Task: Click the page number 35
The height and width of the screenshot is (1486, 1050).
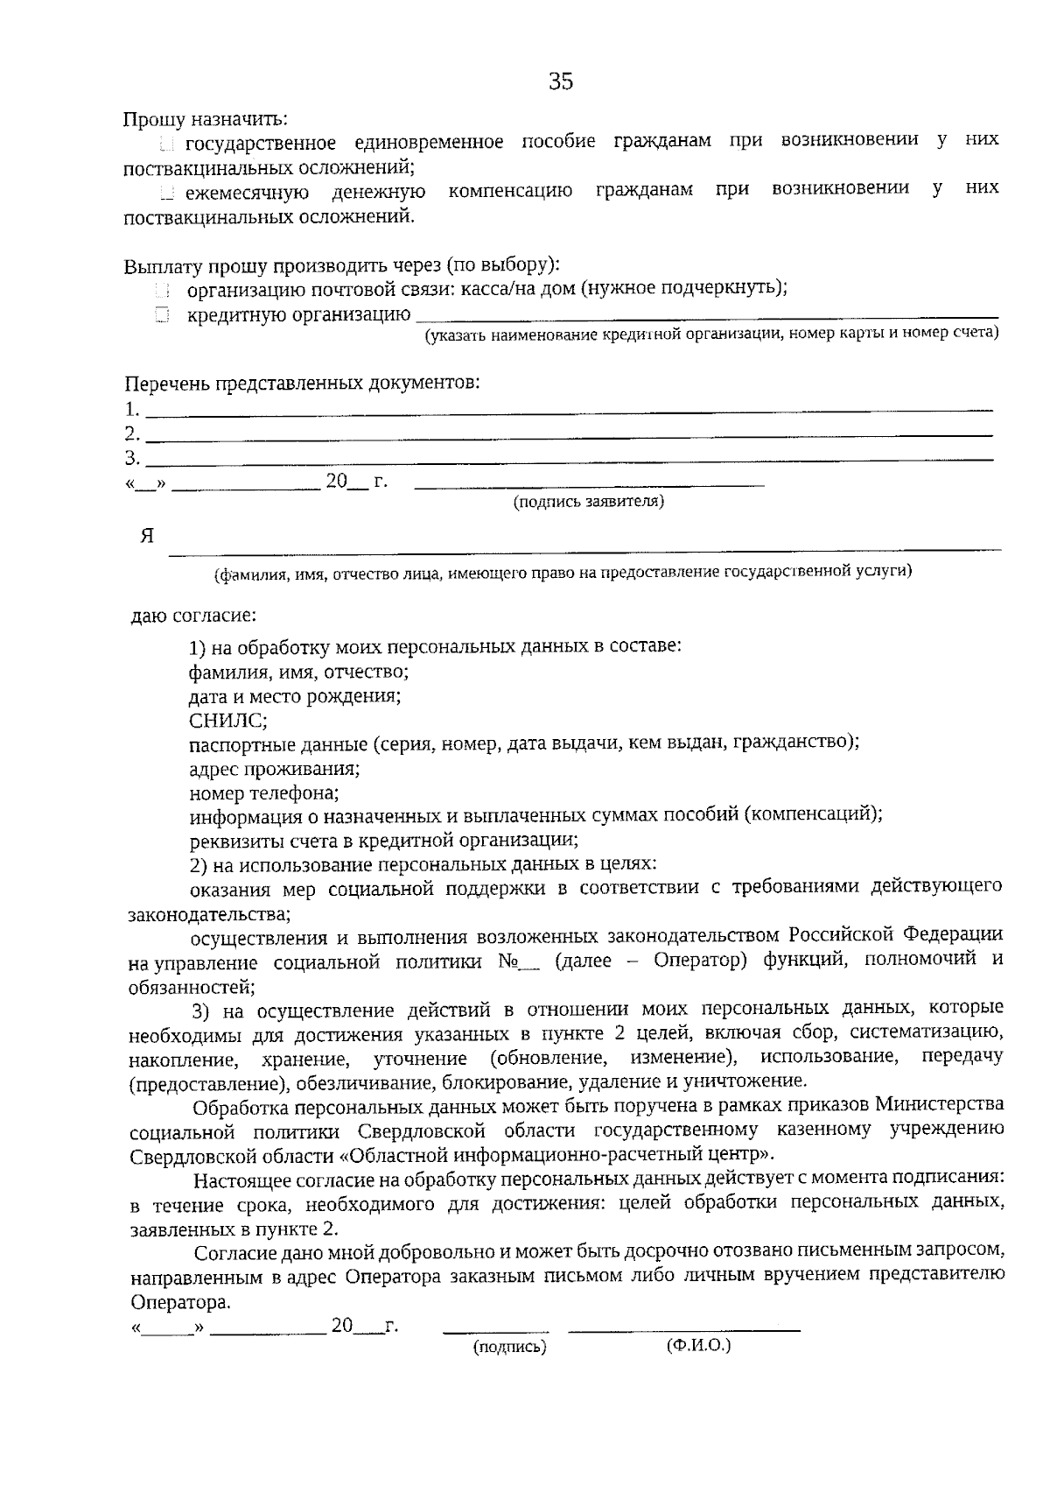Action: (x=560, y=81)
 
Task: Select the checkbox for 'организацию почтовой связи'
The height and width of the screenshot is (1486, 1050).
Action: (x=162, y=290)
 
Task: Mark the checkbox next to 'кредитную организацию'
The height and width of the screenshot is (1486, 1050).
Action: (x=162, y=315)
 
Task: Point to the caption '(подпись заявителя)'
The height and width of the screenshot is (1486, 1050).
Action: (x=589, y=502)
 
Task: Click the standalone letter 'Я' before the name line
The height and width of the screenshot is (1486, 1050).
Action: (x=147, y=536)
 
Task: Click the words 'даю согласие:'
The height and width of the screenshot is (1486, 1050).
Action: (x=193, y=616)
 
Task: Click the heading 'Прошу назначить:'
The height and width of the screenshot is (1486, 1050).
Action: (x=205, y=118)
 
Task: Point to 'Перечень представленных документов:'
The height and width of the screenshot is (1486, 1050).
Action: (x=302, y=384)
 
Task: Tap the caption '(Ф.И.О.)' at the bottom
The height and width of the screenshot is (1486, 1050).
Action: (x=697, y=1345)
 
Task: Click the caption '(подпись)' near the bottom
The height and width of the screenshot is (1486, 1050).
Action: (x=509, y=1347)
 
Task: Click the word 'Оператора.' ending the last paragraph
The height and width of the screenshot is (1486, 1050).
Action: (x=180, y=1301)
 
